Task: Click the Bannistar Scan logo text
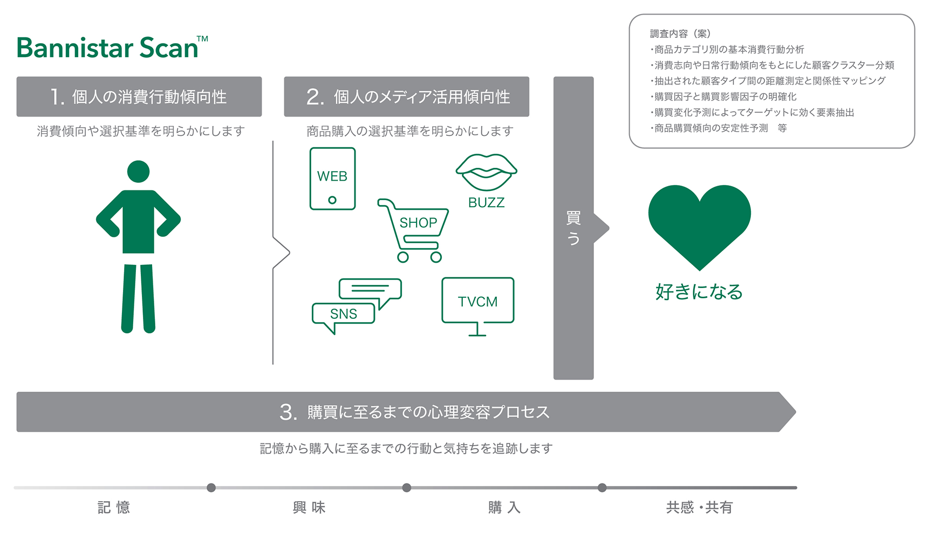pos(108,48)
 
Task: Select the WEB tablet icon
pos(332,179)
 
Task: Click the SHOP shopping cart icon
pos(416,229)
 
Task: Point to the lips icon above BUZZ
pos(486,172)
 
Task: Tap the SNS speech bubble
pos(344,314)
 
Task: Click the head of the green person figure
pos(138,172)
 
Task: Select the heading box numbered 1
pos(139,97)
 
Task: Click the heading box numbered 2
pos(406,97)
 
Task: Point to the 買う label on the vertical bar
pos(573,228)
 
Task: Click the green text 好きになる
pos(699,292)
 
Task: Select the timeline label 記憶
pos(114,507)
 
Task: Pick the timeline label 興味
pos(309,507)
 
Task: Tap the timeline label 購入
pos(504,507)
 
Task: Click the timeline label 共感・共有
pos(699,507)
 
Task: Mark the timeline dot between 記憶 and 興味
pos(211,488)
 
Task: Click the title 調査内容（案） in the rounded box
pos(680,33)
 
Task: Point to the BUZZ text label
pos(486,202)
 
